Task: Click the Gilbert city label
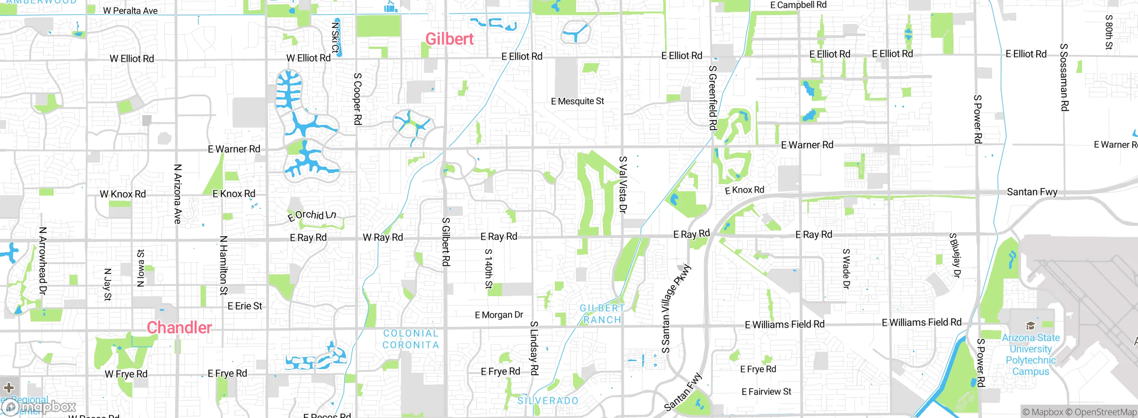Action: [x=449, y=39]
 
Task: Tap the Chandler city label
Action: [x=179, y=328]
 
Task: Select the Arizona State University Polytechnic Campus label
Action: [x=1030, y=355]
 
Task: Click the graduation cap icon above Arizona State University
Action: [x=1030, y=326]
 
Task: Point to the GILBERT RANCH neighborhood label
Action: [x=602, y=314]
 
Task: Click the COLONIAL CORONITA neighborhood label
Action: [x=411, y=339]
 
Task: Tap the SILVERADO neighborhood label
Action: [x=548, y=401]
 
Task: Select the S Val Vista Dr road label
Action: [x=623, y=185]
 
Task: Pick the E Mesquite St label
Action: [x=577, y=101]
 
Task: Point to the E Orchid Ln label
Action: [x=312, y=215]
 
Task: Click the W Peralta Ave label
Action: [x=130, y=11]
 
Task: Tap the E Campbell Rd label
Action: [x=798, y=5]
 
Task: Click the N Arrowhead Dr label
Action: [x=43, y=261]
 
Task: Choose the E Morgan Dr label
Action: [x=499, y=315]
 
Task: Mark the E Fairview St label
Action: [x=766, y=392]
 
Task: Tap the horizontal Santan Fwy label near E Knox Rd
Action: [x=1032, y=192]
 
